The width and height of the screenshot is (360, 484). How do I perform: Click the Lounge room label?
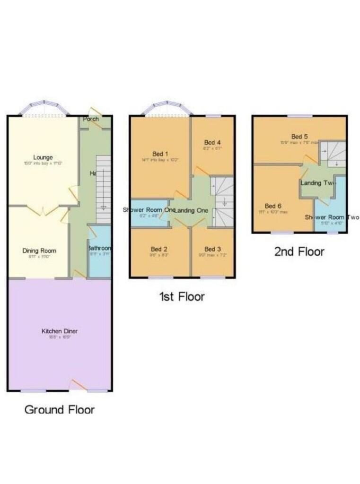[x=43, y=157]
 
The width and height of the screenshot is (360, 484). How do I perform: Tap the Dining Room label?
[x=39, y=251]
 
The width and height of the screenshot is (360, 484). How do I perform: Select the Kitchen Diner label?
[x=59, y=331]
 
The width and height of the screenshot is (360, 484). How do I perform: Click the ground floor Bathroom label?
[x=99, y=248]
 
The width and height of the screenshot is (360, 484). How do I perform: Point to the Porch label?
[x=91, y=119]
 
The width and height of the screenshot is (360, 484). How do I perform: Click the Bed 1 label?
[x=160, y=154]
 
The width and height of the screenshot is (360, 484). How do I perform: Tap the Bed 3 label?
[x=212, y=249]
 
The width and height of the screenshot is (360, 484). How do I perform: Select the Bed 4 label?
[x=212, y=142]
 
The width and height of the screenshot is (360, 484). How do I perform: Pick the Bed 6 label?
[x=273, y=206]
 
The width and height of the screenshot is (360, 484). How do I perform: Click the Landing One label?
[x=192, y=210]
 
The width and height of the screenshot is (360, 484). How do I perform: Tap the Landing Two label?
[x=318, y=183]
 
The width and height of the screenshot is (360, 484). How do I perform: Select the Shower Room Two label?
[x=332, y=217]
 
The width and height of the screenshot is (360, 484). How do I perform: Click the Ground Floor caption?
[x=59, y=409]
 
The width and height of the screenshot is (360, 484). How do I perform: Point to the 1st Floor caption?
[x=182, y=296]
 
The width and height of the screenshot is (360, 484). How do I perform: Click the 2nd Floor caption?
[x=299, y=251]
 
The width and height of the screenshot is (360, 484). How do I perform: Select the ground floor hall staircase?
[x=103, y=189]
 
